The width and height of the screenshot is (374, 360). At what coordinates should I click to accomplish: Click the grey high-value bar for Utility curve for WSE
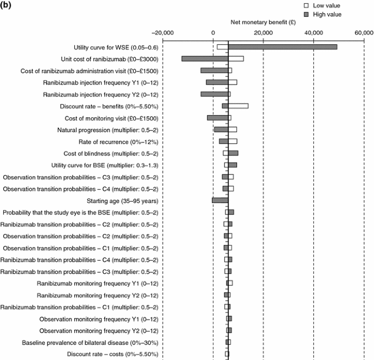(x=282, y=47)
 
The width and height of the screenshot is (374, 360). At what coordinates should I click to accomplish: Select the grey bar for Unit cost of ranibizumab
(x=205, y=59)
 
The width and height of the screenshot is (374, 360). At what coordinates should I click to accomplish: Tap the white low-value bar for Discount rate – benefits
(x=238, y=106)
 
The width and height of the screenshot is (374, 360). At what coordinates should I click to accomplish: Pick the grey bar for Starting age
(x=220, y=200)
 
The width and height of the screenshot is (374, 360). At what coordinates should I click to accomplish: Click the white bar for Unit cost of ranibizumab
(x=236, y=59)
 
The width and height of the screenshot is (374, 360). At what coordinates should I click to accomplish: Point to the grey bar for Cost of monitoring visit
(x=217, y=118)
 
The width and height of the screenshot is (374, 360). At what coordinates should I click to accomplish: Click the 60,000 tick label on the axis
(x=364, y=33)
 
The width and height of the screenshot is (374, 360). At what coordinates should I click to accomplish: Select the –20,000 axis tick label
(x=163, y=33)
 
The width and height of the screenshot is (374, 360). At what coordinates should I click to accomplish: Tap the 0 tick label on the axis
(x=213, y=33)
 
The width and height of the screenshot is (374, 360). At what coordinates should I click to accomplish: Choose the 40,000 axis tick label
(x=313, y=33)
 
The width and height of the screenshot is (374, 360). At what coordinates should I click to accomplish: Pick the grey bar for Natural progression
(x=221, y=129)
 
